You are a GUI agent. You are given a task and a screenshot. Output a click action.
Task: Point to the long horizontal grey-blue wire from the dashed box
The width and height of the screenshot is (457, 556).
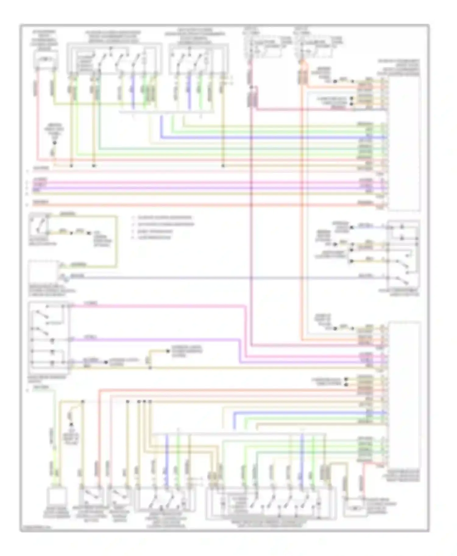click(213, 278)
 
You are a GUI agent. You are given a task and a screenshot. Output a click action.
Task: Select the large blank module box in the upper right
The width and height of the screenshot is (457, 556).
click(404, 143)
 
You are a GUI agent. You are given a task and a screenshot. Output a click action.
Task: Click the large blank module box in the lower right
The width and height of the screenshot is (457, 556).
click(404, 393)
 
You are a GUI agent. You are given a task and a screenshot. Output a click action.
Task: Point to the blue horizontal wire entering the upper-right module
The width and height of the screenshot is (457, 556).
click(274, 138)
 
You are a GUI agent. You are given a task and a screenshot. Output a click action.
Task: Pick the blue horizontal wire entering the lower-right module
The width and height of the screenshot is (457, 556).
click(305, 413)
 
